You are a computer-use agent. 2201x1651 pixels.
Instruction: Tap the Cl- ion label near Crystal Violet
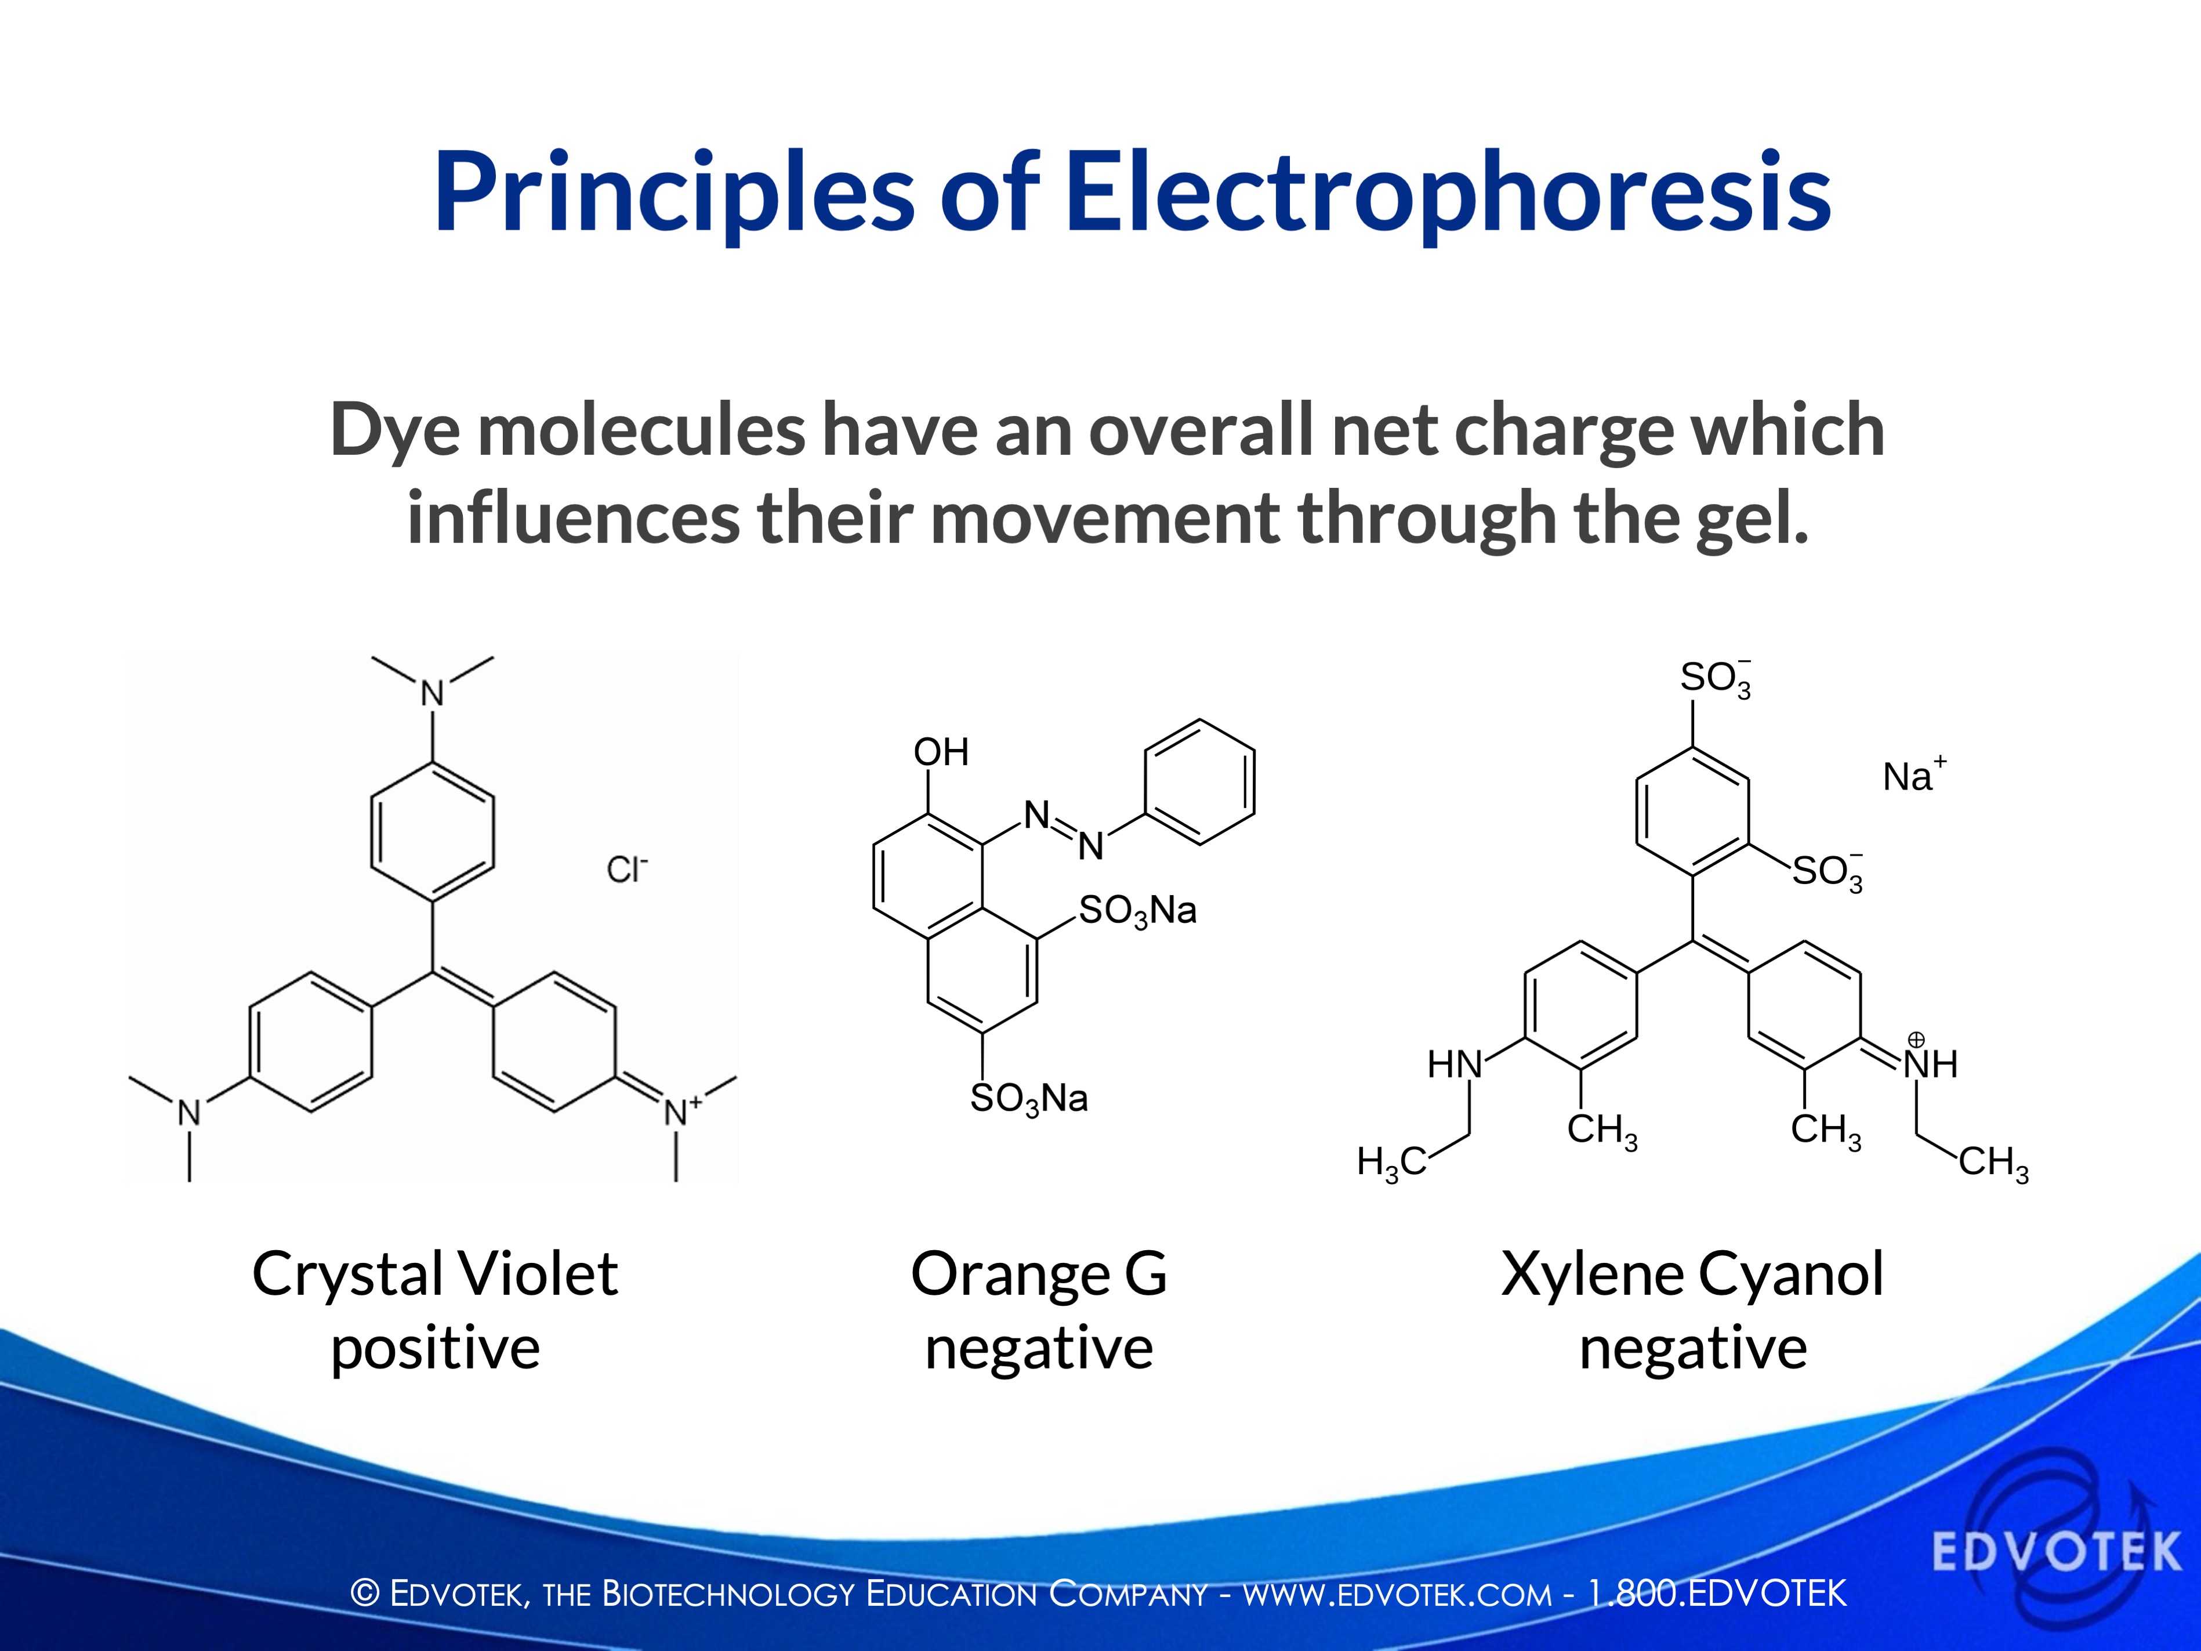pos(626,870)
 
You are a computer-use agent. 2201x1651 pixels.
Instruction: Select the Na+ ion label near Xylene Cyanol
pos(1912,776)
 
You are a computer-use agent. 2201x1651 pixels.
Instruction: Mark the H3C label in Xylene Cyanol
pos(1390,1161)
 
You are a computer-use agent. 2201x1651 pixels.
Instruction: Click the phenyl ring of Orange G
pos(1199,782)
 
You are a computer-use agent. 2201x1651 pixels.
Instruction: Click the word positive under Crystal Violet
pos(435,1349)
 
